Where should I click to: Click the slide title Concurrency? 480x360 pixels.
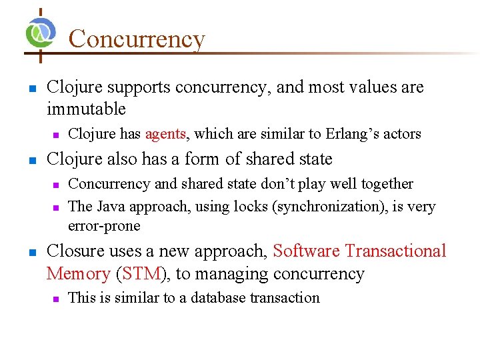tap(137, 39)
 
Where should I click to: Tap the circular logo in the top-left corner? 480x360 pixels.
tap(40, 31)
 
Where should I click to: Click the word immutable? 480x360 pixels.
tap(86, 109)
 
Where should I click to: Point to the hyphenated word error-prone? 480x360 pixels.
tap(104, 226)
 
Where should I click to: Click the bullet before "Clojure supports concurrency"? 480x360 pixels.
tap(29, 88)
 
